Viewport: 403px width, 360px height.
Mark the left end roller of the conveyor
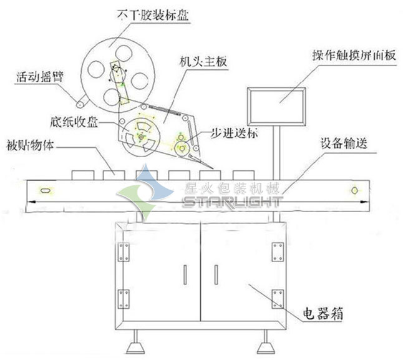point(46,190)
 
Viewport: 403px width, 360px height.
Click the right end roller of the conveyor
point(355,190)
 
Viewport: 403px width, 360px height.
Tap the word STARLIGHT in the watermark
point(232,202)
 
